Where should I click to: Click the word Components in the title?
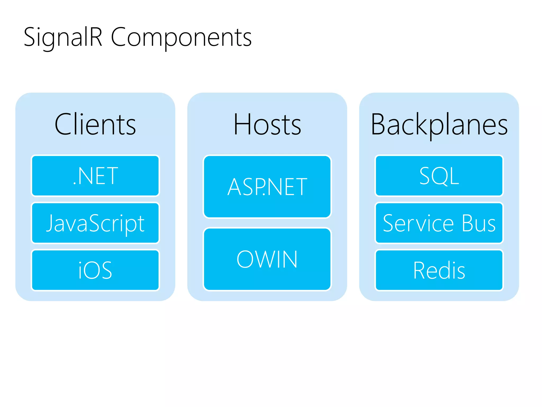[x=181, y=38]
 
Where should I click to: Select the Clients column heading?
[x=95, y=125]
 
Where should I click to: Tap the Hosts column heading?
[x=267, y=125]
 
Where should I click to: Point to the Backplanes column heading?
[x=439, y=125]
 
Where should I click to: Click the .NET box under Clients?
[x=95, y=176]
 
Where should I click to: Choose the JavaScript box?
[x=95, y=223]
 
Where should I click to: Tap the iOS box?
[x=95, y=270]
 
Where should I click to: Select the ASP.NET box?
[x=267, y=187]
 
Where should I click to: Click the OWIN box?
[x=267, y=259]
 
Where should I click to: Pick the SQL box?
[x=439, y=176]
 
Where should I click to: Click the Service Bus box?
[x=439, y=223]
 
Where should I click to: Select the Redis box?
[x=439, y=270]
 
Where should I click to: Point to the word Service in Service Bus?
[x=418, y=223]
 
